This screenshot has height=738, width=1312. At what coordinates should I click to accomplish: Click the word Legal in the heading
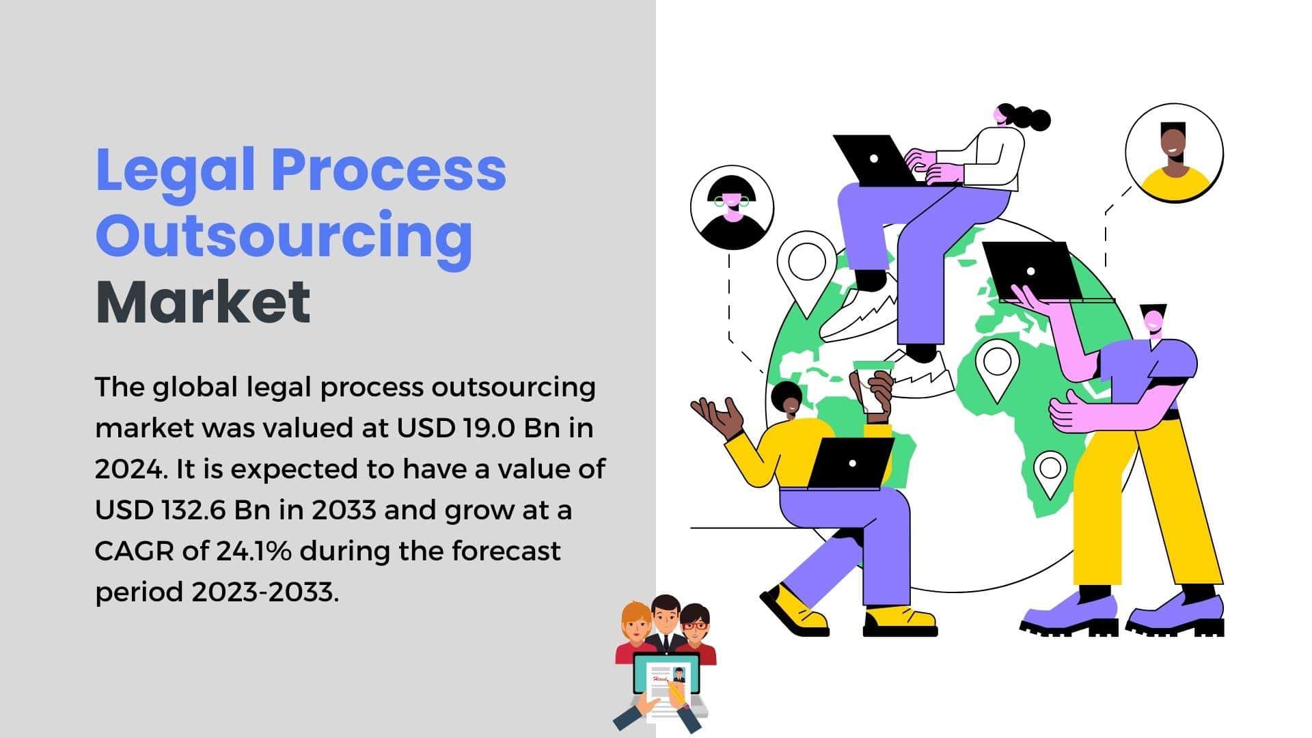[176, 171]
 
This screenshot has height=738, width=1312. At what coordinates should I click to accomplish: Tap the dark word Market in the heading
[203, 301]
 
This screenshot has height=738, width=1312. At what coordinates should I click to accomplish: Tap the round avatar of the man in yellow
[1174, 152]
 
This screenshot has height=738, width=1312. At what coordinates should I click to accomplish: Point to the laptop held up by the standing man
[1039, 272]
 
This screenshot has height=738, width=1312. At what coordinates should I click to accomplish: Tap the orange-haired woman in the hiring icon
[636, 633]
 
